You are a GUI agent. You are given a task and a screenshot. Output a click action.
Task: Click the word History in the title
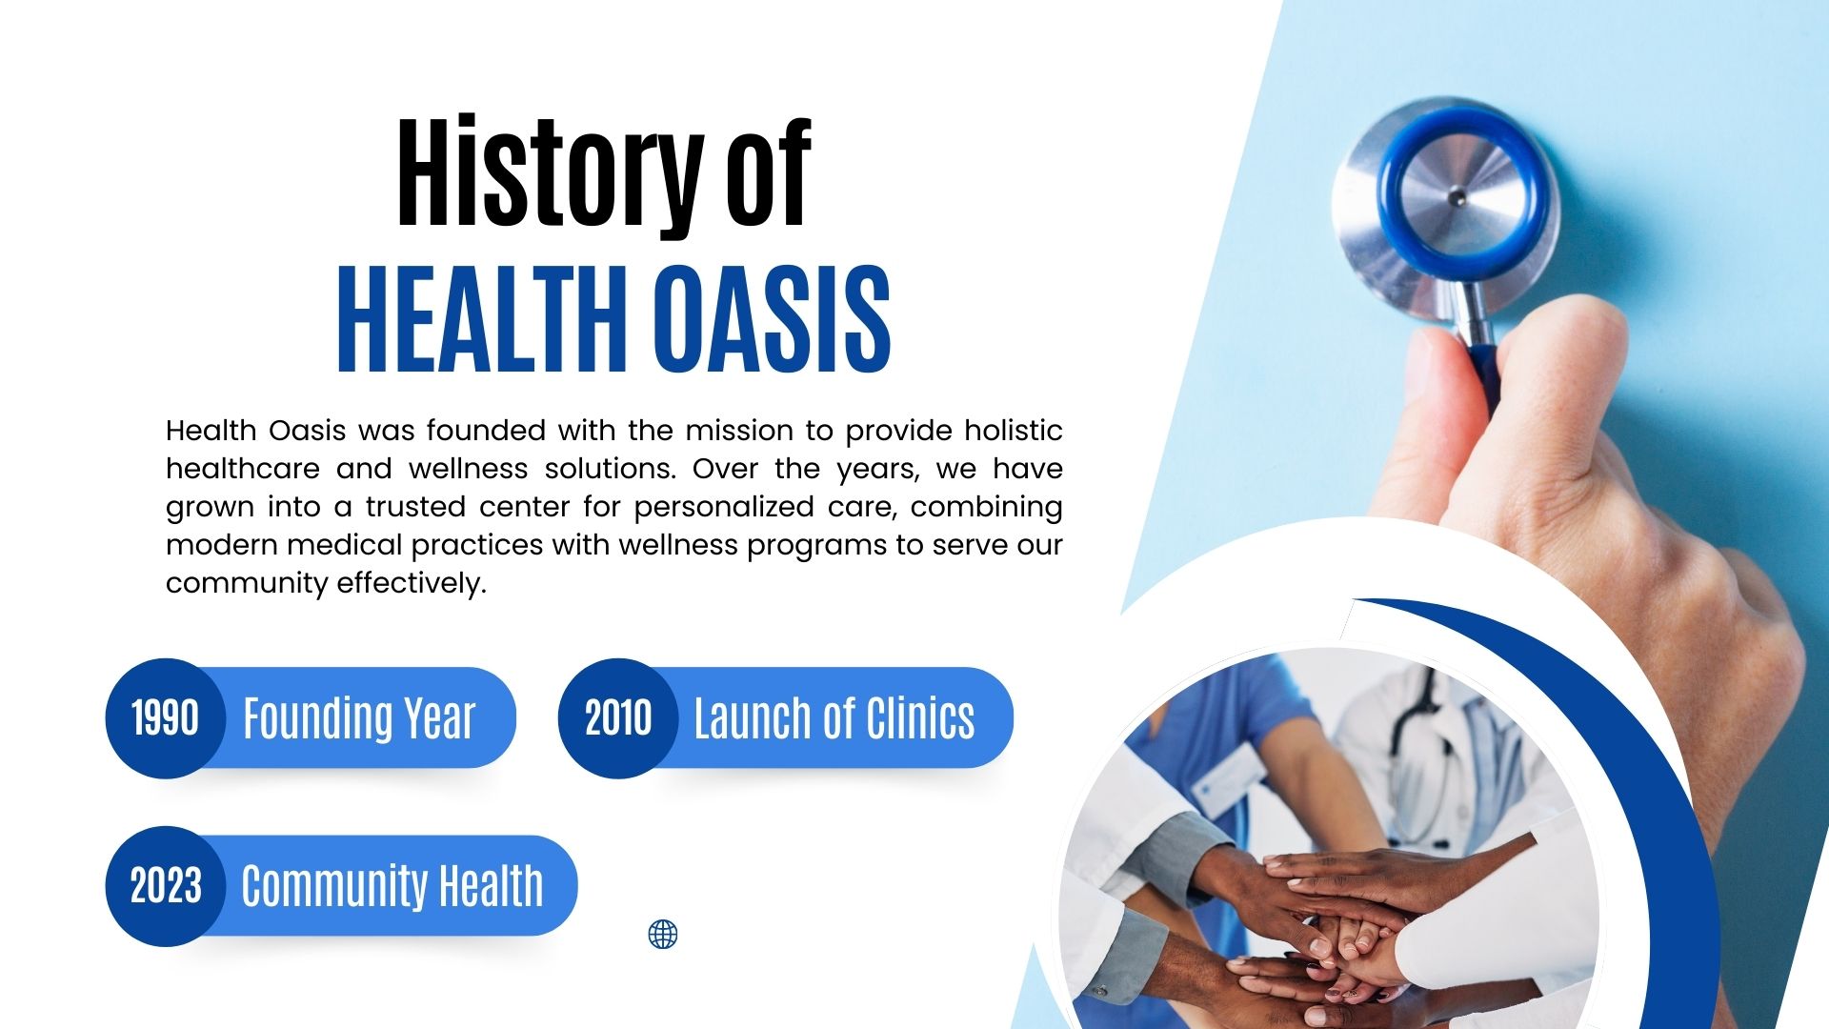tap(550, 173)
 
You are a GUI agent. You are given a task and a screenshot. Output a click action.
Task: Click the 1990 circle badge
tap(166, 718)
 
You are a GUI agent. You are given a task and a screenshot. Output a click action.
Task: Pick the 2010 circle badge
tap(618, 718)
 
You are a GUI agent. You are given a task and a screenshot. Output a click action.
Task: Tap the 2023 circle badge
tap(166, 886)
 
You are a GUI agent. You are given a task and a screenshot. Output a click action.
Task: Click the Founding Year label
tap(359, 718)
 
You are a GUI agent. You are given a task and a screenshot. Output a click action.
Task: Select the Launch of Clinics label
tap(834, 718)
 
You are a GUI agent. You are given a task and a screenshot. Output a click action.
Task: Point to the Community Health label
tap(392, 886)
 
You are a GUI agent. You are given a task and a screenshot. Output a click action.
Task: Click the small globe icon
tap(663, 935)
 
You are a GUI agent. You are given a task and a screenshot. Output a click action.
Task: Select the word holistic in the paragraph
tap(1014, 431)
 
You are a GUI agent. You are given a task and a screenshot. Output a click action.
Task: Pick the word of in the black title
tap(769, 173)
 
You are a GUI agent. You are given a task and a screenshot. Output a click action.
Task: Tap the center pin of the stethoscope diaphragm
tap(1457, 198)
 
